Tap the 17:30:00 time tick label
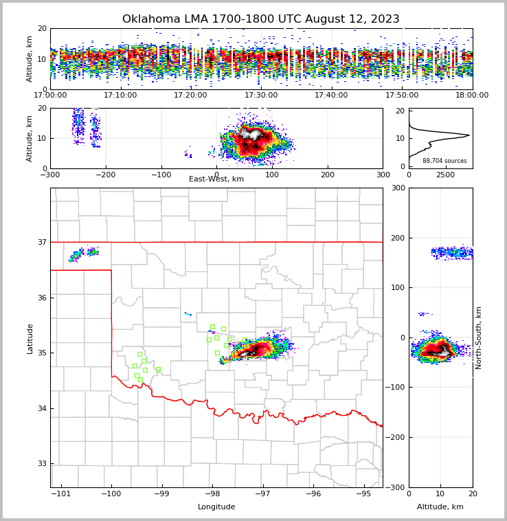pos(261,96)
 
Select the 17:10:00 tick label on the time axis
pos(120,96)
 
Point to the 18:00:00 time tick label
pos(472,96)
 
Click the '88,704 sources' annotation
pos(444,161)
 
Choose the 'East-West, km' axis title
pos(216,179)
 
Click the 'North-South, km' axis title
pos(479,337)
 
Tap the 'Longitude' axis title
pos(216,507)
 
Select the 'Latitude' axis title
pos(30,338)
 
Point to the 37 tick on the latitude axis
pos(42,242)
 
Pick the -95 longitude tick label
pos(363,494)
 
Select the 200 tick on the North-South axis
pos(398,238)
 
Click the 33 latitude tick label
pos(42,464)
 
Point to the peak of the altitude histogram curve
pos(469,135)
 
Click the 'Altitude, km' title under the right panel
pos(440,507)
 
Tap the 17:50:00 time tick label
pos(402,96)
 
